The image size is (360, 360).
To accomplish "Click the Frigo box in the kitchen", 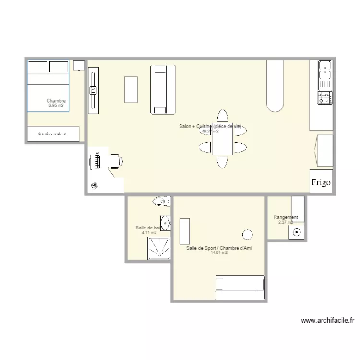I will [321, 182].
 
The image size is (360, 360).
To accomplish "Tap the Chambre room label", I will [56, 101].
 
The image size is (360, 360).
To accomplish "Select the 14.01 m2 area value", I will [219, 252].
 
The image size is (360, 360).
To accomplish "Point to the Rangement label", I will [286, 217].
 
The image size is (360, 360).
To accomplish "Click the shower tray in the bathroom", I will [159, 248].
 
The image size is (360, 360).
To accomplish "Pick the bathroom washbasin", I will [166, 223].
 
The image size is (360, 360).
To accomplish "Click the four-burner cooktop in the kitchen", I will [324, 98].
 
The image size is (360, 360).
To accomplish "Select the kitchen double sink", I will [325, 72].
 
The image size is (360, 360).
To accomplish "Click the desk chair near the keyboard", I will [116, 160].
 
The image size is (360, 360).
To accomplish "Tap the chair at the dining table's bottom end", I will [222, 161].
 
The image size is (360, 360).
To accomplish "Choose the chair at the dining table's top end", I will [222, 117].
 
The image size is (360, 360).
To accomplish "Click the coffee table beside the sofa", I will [131, 89].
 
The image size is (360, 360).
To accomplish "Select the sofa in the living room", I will [163, 89].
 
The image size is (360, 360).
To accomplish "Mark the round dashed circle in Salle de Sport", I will [248, 234].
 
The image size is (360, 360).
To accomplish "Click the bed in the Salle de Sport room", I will [240, 283].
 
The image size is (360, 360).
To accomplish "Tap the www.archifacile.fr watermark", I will [327, 320].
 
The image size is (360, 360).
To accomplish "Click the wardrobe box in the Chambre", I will [53, 134].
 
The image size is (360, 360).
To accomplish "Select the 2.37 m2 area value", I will [286, 222].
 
